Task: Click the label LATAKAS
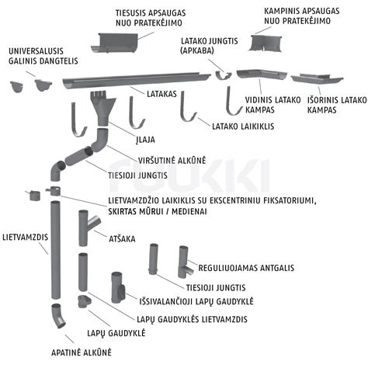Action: [161, 94]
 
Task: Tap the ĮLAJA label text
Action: [145, 140]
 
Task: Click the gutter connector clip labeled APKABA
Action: [224, 75]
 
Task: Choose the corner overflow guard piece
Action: [266, 43]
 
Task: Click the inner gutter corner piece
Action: [262, 74]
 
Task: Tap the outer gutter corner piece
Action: [317, 78]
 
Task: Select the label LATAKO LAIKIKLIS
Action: [243, 127]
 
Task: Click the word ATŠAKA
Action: [122, 238]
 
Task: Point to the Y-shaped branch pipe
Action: [87, 227]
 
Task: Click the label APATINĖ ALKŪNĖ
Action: [82, 352]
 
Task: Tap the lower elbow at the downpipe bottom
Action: [58, 316]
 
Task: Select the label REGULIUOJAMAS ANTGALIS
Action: [246, 268]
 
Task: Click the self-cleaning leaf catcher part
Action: [118, 288]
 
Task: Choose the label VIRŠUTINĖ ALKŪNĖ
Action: [172, 161]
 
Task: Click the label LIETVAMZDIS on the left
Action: [25, 238]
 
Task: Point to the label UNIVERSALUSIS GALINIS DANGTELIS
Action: [43, 56]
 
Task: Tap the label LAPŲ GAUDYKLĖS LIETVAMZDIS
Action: [192, 319]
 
